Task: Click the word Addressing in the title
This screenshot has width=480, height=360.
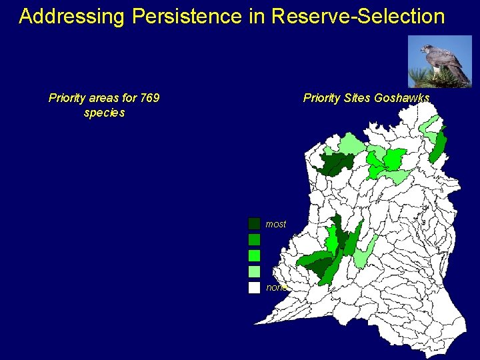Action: (71, 17)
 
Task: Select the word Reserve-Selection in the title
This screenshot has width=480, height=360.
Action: (358, 17)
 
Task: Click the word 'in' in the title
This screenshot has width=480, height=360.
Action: (257, 17)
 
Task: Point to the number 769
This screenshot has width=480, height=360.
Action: (149, 99)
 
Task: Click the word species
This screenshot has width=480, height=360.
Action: (104, 113)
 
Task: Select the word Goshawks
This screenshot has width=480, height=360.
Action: (402, 99)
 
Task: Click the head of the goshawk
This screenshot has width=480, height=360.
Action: (425, 49)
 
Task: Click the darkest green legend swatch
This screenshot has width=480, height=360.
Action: (254, 224)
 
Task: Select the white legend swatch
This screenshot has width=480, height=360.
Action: (254, 288)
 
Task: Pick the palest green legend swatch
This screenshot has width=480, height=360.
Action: (254, 272)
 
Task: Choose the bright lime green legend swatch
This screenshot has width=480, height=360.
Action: (254, 256)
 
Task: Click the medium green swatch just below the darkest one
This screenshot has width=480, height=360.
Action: (254, 240)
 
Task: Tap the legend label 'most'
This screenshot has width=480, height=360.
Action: (276, 225)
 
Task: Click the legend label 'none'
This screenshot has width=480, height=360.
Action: (276, 288)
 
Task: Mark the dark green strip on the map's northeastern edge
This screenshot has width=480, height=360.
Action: (439, 145)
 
